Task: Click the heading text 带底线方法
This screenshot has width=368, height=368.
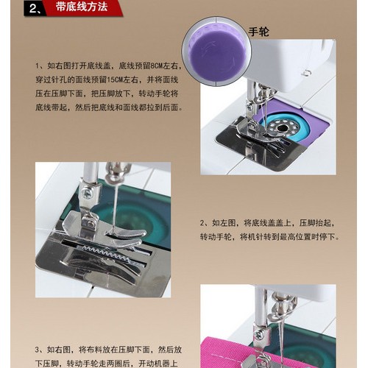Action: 81,8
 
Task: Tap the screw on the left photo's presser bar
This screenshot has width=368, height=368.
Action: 87,193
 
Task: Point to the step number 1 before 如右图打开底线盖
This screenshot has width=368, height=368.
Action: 38,66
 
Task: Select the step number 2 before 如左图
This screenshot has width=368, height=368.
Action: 203,223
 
